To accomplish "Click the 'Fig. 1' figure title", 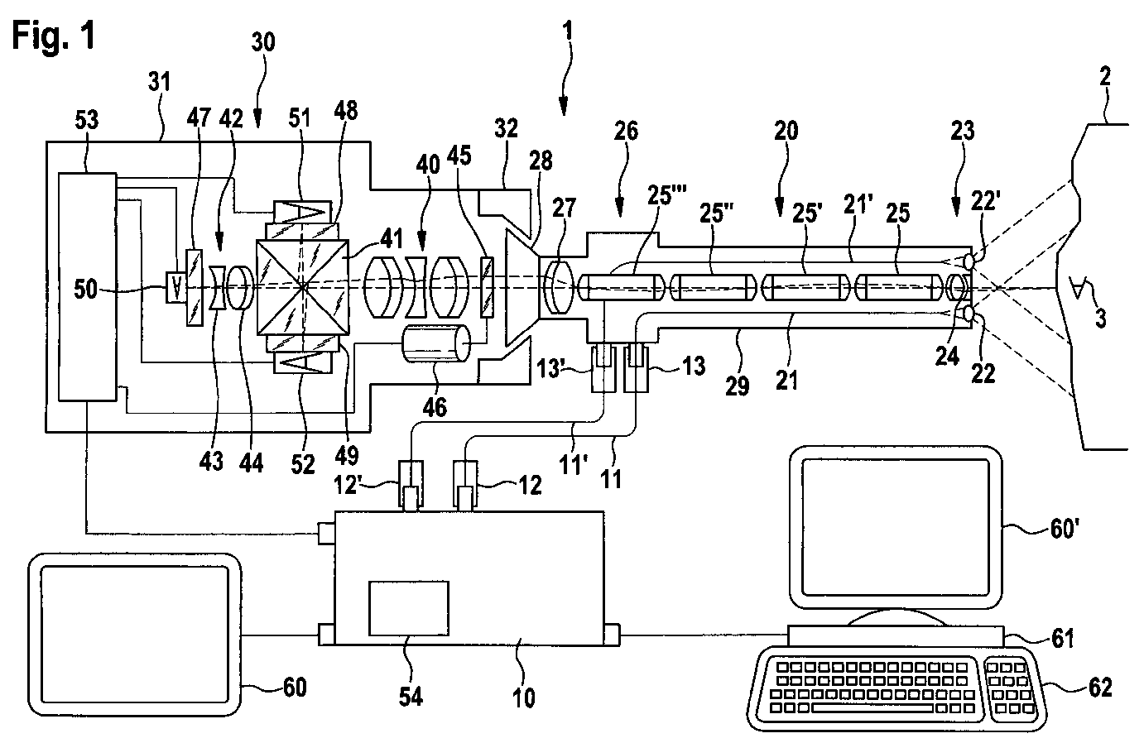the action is [x=54, y=36].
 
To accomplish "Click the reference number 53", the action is [x=87, y=121].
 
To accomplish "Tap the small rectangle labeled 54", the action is [x=409, y=608].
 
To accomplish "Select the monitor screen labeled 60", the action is [x=134, y=635].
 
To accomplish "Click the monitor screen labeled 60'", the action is [x=896, y=527].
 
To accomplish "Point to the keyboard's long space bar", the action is [x=872, y=708].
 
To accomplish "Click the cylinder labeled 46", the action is [x=436, y=343].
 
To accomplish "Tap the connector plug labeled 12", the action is [x=465, y=484].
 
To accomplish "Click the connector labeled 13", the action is [x=637, y=368].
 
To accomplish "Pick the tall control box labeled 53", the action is [x=88, y=287].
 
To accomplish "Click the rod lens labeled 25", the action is [x=898, y=287].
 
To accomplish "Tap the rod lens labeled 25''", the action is [x=713, y=287].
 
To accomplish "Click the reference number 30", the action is [x=263, y=42].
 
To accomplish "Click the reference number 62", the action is [x=1100, y=688].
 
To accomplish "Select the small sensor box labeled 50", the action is [x=176, y=288].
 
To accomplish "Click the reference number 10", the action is [x=524, y=697].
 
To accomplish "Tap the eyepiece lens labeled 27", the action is [x=558, y=287].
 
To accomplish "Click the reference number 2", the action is [x=1104, y=77].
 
